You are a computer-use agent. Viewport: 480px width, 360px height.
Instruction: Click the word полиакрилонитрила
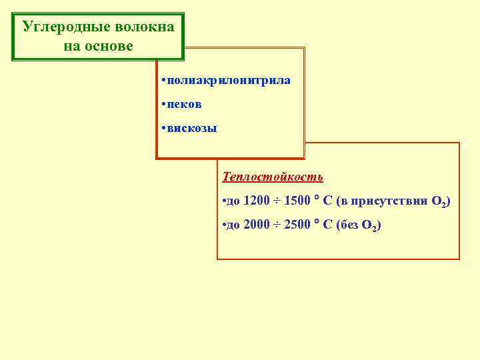coord(229,81)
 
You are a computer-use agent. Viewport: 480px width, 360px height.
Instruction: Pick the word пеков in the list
coord(185,105)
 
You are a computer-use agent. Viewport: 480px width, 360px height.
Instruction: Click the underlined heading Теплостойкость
coord(273,177)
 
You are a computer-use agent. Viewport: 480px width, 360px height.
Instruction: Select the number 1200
coord(257,201)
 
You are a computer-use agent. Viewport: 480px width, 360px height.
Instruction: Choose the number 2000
coord(257,225)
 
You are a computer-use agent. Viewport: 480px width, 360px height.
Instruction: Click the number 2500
coord(297,225)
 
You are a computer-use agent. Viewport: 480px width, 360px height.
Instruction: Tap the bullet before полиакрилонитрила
coord(163,81)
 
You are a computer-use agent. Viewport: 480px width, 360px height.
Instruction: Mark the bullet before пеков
coord(163,105)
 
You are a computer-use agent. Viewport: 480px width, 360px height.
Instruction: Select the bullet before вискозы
coord(163,128)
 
